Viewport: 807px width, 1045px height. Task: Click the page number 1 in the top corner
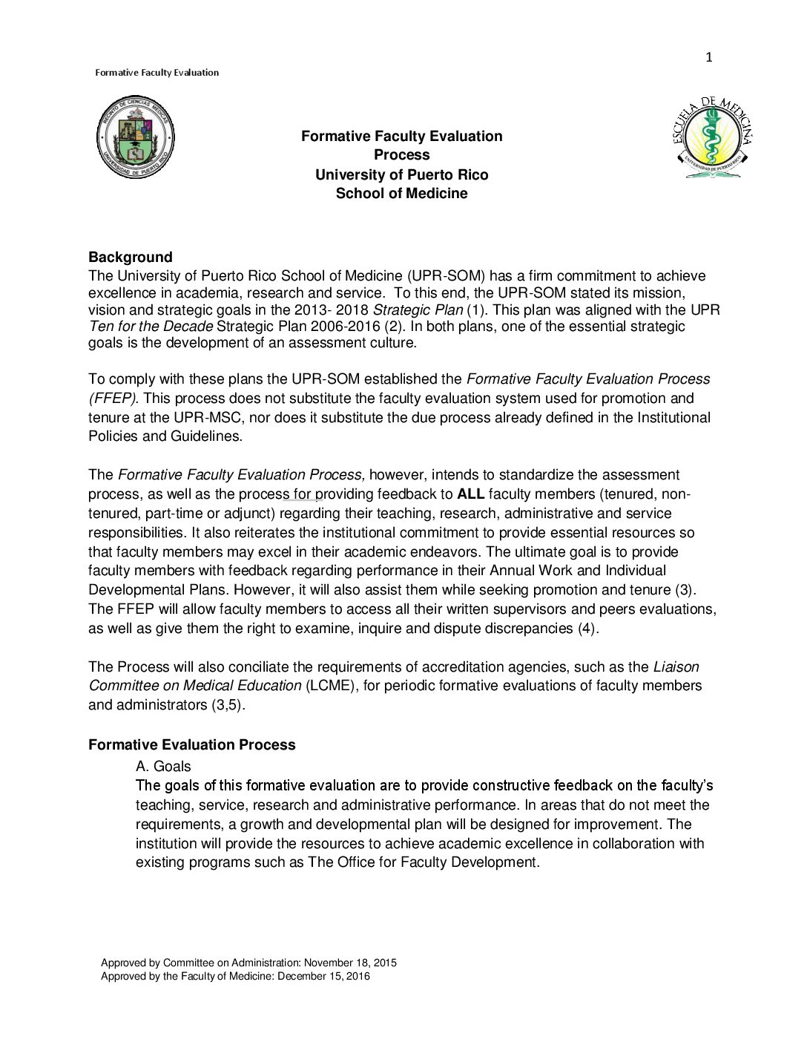click(708, 57)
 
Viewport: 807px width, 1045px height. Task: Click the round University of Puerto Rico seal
click(135, 137)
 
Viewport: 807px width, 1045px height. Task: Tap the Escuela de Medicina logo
click(712, 137)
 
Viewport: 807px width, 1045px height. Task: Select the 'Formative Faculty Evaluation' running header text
click(157, 73)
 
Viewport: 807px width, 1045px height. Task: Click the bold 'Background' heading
click(130, 257)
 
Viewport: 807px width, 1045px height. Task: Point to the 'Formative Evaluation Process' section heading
click(191, 744)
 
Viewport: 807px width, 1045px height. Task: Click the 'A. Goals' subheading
click(163, 766)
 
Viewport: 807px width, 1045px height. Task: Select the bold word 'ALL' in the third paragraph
click(470, 494)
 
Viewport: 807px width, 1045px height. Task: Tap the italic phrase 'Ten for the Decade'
click(151, 327)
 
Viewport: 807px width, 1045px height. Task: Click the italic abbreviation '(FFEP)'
click(112, 399)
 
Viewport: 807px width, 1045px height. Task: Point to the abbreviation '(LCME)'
click(330, 686)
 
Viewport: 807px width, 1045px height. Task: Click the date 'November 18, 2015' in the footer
click(350, 963)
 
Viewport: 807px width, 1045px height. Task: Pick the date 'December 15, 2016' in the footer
click(323, 976)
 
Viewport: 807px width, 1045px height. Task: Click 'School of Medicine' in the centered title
click(401, 194)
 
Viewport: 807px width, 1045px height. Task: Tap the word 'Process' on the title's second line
click(401, 155)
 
